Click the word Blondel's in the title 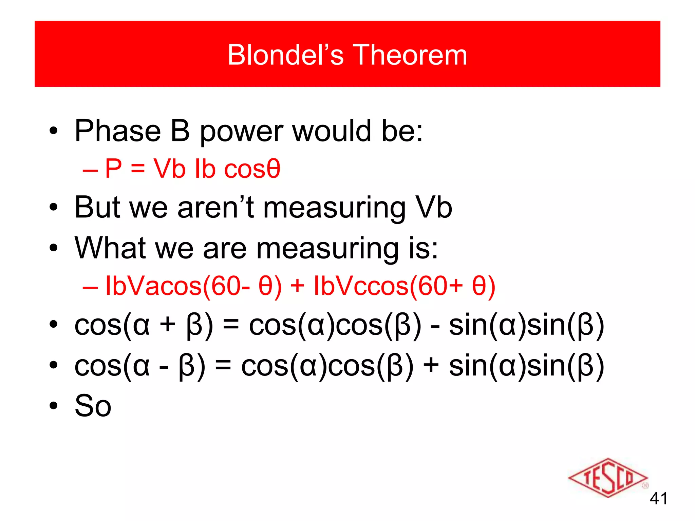285,55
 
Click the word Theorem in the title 410,55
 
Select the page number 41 658,499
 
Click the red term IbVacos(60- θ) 193,286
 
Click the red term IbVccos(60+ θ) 404,286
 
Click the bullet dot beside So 53,406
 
